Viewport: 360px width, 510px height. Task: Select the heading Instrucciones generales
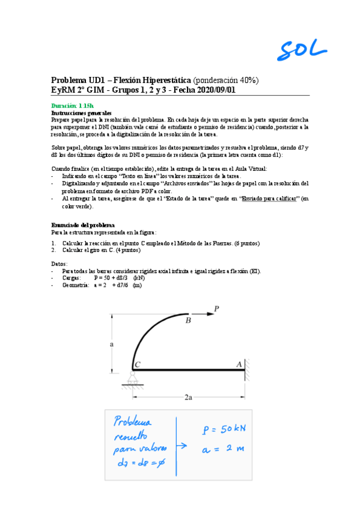coord(81,112)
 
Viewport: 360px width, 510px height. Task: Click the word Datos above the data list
coord(59,264)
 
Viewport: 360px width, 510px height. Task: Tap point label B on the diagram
coord(188,321)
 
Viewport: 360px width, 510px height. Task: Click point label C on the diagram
coord(138,364)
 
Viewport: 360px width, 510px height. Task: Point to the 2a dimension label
coord(188,398)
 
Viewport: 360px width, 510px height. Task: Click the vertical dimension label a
coord(112,343)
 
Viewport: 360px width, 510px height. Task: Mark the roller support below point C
coord(133,379)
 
